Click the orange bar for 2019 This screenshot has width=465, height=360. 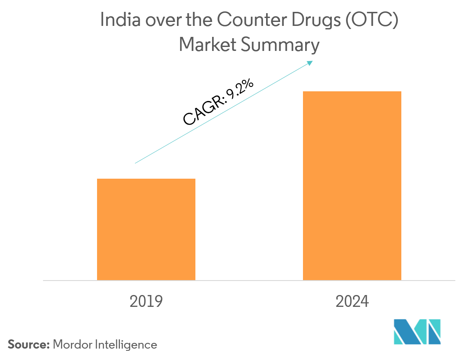pos(146,229)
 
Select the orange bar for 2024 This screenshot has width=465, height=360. pos(352,186)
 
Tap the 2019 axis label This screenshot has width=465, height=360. pos(146,302)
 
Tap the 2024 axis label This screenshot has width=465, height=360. pos(352,302)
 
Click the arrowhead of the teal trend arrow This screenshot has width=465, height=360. pos(310,63)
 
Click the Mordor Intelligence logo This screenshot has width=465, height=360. pos(417,332)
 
